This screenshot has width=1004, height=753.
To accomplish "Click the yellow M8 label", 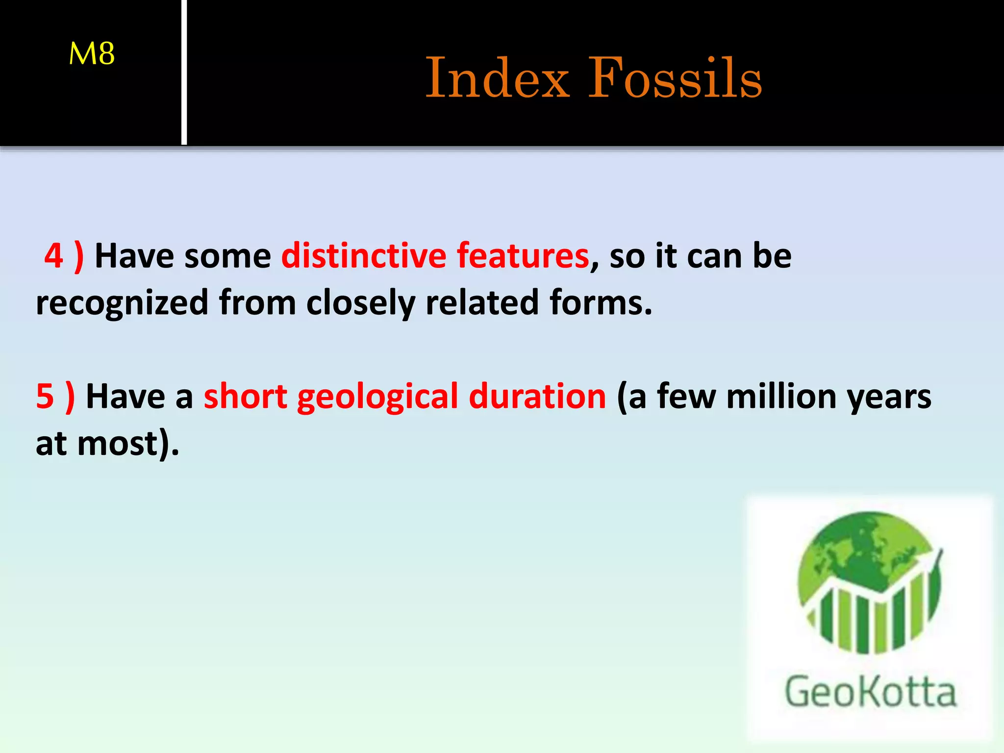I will [x=92, y=53].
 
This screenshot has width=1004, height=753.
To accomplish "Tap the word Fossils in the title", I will [x=675, y=78].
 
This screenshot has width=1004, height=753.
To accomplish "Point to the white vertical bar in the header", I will [x=184, y=73].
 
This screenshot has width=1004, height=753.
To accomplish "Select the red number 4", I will [x=53, y=256].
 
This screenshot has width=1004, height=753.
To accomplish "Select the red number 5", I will [x=45, y=397].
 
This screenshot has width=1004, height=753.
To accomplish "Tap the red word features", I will [x=523, y=256].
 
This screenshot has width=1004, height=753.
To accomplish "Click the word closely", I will [x=360, y=303].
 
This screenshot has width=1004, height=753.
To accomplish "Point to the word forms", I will [x=600, y=303].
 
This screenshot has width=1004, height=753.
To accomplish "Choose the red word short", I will [x=245, y=397].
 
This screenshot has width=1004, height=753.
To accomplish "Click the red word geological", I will [x=377, y=397].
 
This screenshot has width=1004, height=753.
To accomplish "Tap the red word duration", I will [x=537, y=397].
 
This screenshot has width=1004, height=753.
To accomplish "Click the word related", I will [x=482, y=303].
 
